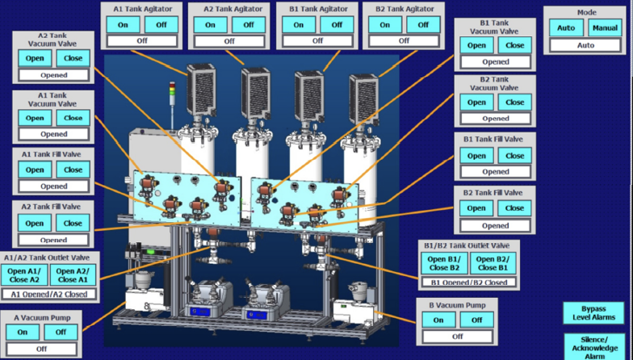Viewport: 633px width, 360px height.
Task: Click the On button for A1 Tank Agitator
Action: click(x=121, y=24)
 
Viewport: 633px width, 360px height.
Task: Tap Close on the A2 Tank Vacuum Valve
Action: click(x=73, y=58)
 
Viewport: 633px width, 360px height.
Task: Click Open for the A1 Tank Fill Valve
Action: click(x=35, y=170)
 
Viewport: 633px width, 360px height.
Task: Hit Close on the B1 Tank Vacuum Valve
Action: click(x=515, y=45)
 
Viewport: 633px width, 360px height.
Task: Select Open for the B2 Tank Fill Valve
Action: click(x=476, y=208)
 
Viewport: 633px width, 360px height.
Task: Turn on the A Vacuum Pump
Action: click(x=23, y=332)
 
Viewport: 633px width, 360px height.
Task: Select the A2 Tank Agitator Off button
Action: click(x=249, y=24)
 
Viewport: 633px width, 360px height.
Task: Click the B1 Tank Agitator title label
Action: click(x=317, y=9)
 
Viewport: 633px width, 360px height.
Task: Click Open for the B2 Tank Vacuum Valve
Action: click(x=476, y=102)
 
